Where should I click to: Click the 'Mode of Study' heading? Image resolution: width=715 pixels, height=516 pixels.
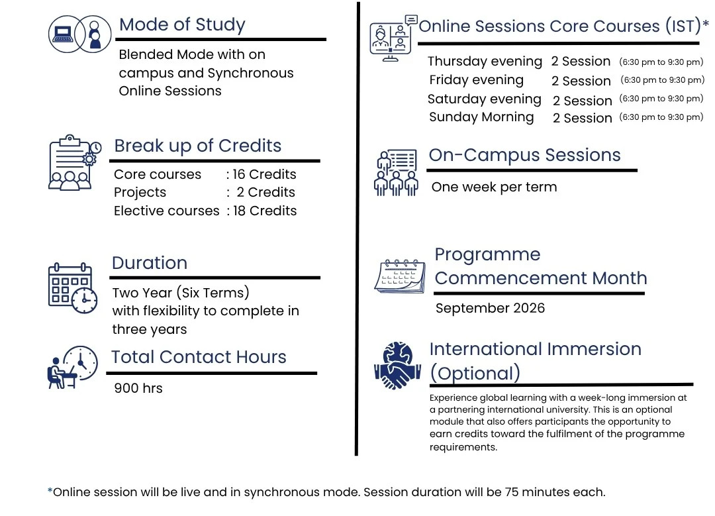[182, 25]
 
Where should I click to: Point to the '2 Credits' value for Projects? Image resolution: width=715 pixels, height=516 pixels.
[266, 193]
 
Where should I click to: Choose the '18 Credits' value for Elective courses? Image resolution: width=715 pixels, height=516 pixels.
[265, 211]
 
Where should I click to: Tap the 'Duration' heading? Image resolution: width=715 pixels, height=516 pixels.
[150, 263]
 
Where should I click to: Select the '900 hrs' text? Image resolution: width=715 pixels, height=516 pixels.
[138, 388]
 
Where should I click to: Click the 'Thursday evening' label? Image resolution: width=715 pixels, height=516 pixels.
[485, 62]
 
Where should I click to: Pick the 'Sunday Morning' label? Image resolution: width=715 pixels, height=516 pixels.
[481, 117]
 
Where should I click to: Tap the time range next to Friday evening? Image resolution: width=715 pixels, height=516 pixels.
[662, 80]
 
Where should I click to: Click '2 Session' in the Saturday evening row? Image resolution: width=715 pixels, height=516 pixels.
[583, 101]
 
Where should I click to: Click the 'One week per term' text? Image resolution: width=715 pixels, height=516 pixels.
[494, 187]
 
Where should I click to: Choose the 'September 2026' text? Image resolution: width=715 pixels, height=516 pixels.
[490, 308]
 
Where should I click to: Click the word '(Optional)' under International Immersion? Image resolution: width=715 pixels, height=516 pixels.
[475, 373]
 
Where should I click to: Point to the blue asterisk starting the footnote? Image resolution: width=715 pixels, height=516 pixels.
[50, 491]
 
